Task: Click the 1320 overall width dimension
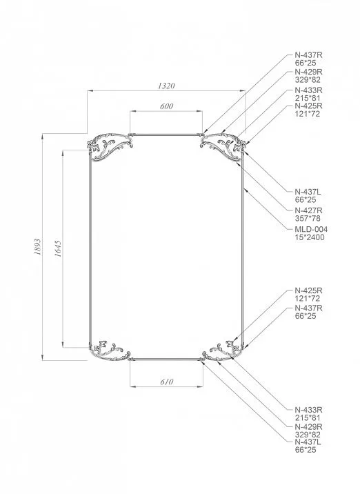tap(166, 86)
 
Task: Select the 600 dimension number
tap(166, 106)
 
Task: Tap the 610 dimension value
tap(167, 382)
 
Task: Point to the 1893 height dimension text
tap(37, 247)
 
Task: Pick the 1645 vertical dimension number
tap(58, 249)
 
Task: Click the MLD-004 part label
tap(311, 229)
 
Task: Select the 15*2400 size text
tap(309, 237)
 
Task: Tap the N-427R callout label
tap(308, 210)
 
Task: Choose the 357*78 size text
tap(308, 218)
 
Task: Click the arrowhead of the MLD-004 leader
tap(245, 189)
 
